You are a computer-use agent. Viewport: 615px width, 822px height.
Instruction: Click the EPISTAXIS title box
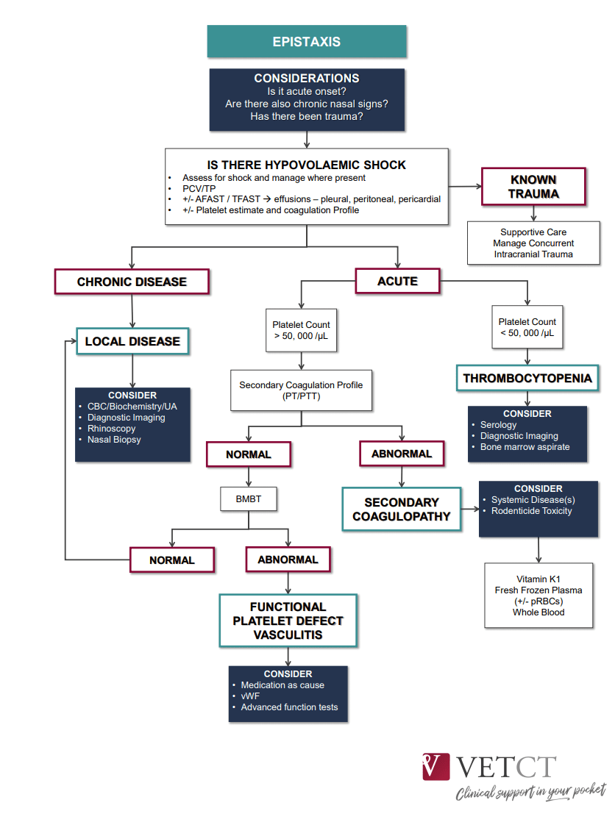pos(307,41)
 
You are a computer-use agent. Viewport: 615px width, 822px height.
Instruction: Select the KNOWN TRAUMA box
pos(533,187)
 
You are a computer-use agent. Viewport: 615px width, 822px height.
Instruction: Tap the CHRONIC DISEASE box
pos(132,282)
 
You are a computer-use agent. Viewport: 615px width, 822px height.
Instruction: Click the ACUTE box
pos(397,281)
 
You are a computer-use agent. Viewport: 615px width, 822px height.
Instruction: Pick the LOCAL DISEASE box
pos(132,341)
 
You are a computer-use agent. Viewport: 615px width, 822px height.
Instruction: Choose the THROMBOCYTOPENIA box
pos(527,379)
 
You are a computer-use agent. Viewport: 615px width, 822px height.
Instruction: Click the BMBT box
pos(248,500)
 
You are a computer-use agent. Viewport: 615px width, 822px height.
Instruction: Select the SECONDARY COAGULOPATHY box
pos(401,509)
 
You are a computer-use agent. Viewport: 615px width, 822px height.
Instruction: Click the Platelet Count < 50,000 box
pos(527,327)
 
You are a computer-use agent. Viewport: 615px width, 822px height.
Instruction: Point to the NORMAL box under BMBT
pos(172,560)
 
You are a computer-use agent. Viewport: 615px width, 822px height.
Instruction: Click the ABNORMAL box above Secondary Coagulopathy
pos(402,454)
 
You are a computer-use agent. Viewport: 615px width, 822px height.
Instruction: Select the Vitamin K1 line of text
pos(539,579)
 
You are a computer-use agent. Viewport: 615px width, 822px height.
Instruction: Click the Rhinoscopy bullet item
pos(111,429)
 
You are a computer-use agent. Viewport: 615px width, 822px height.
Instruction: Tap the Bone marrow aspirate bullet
pos(525,447)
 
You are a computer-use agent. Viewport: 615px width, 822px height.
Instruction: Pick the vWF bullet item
pos(250,696)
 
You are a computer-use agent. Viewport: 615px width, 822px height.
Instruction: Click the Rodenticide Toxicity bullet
pos(531,511)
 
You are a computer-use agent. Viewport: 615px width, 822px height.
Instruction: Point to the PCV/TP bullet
pos(199,188)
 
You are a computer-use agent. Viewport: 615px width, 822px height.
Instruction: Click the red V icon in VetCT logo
pos(436,766)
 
